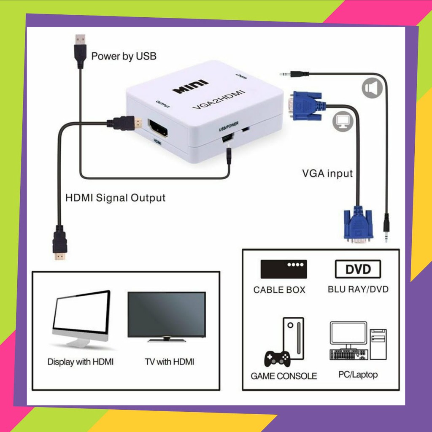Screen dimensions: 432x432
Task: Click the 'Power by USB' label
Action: (124, 56)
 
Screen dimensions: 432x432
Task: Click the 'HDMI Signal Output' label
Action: (115, 197)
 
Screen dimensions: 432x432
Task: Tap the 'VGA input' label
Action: (327, 173)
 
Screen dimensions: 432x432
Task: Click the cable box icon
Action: (283, 269)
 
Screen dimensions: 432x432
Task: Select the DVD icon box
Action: (358, 269)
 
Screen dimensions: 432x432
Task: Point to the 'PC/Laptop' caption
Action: (358, 374)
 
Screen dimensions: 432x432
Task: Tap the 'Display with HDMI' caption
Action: (80, 362)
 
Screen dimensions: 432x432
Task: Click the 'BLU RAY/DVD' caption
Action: (358, 289)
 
